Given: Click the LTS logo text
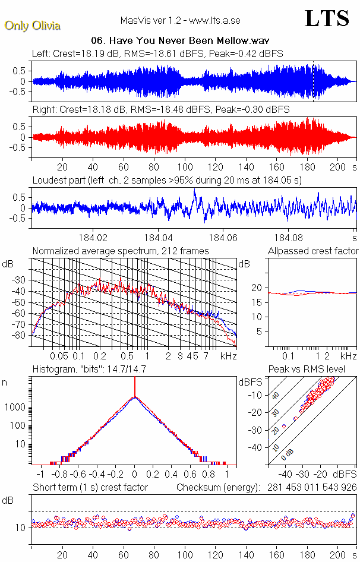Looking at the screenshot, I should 326,18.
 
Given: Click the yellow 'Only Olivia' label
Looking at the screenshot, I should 33,26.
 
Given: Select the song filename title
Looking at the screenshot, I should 163,41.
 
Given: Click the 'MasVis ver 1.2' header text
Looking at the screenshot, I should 180,20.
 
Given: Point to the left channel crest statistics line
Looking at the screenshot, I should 157,53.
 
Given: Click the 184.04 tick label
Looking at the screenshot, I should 159,236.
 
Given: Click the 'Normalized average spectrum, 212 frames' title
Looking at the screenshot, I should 121,251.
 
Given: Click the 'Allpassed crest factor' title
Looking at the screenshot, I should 313,251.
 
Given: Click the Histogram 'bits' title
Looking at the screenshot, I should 89,369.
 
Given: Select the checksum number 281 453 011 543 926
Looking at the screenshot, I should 308,487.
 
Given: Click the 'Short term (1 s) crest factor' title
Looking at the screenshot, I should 90,487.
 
